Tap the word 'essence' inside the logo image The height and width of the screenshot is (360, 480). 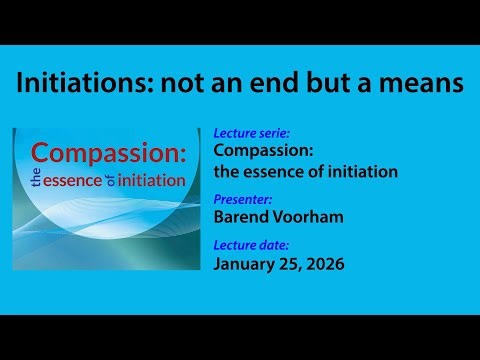click(x=84, y=181)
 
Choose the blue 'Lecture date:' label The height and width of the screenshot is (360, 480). click(x=250, y=244)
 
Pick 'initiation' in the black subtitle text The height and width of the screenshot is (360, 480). click(x=360, y=171)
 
